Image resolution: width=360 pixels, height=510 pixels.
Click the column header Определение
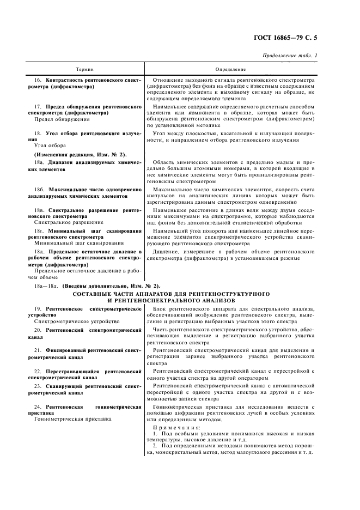[230, 69]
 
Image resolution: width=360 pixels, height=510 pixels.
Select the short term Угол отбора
[50, 145]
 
